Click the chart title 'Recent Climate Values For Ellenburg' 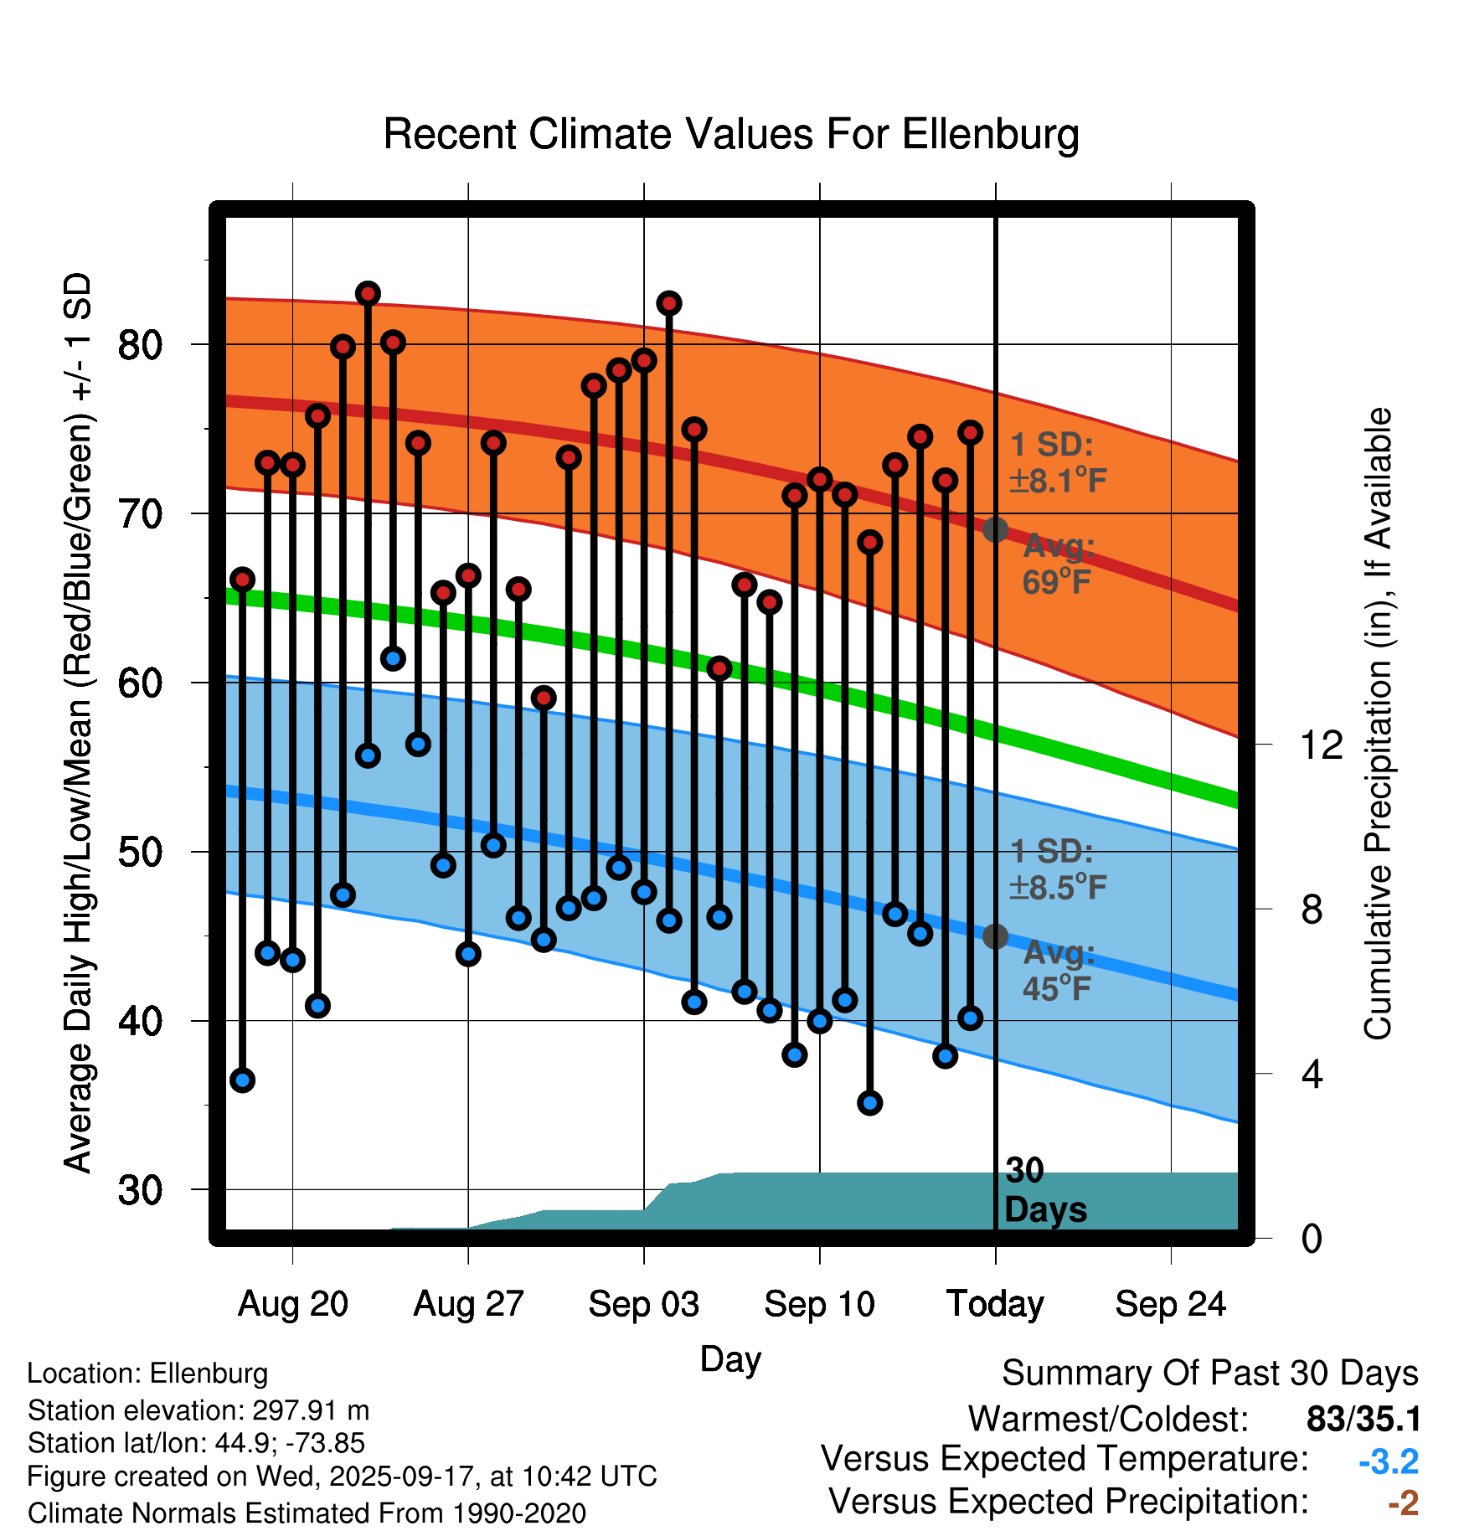730,134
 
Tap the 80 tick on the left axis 140,344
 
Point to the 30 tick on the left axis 140,1190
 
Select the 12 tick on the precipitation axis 1321,745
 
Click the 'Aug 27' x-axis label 468,1304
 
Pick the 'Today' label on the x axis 995,1304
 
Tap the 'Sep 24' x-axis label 1170,1304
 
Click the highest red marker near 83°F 368,294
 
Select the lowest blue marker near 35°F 869,1103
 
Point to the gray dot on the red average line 995,530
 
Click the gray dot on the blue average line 995,936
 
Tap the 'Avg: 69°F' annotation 1058,564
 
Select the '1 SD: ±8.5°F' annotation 1058,869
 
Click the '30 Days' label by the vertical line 1044,1190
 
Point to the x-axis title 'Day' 730,1358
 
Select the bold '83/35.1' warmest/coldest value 1363,1419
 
